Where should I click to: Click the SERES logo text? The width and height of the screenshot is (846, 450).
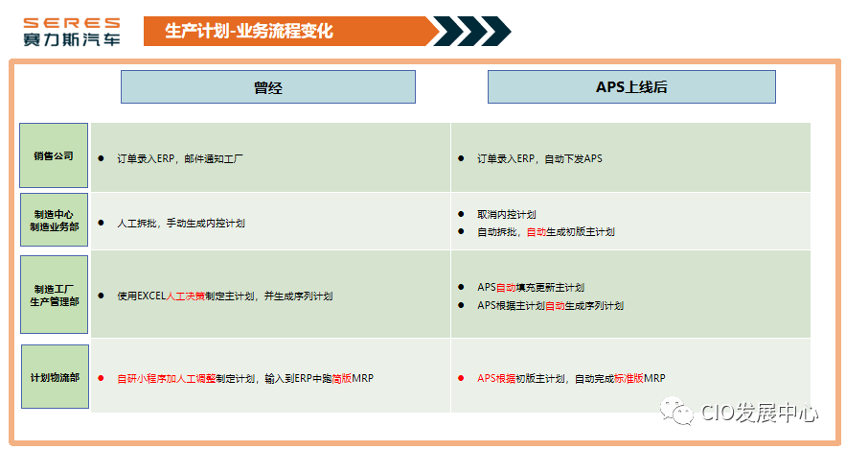pyautogui.click(x=73, y=21)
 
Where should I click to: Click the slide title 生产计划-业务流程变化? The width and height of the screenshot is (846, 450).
pyautogui.click(x=248, y=31)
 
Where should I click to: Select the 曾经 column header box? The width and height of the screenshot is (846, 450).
pyautogui.click(x=268, y=87)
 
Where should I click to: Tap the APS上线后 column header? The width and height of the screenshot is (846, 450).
pyautogui.click(x=631, y=87)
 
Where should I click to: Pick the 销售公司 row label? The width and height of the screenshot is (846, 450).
pyautogui.click(x=54, y=155)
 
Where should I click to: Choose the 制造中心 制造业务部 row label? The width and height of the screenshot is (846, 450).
pyautogui.click(x=54, y=221)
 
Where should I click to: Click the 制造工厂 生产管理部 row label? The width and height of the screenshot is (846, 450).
pyautogui.click(x=54, y=295)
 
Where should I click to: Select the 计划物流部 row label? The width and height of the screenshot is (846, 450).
pyautogui.click(x=55, y=377)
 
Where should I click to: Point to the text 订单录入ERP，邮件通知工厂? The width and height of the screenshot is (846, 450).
pyautogui.click(x=180, y=158)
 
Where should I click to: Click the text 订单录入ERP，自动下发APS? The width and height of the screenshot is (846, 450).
pyautogui.click(x=539, y=158)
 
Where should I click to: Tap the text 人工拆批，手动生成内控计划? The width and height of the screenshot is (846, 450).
pyautogui.click(x=181, y=223)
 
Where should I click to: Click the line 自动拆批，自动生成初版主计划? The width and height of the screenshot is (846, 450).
pyautogui.click(x=545, y=231)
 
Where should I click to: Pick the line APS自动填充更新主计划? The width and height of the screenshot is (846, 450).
pyautogui.click(x=531, y=287)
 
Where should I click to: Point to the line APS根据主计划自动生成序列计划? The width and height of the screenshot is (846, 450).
pyautogui.click(x=550, y=305)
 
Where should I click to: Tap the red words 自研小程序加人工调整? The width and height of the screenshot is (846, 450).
pyautogui.click(x=166, y=378)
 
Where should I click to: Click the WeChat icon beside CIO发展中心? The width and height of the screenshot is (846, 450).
pyautogui.click(x=681, y=414)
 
